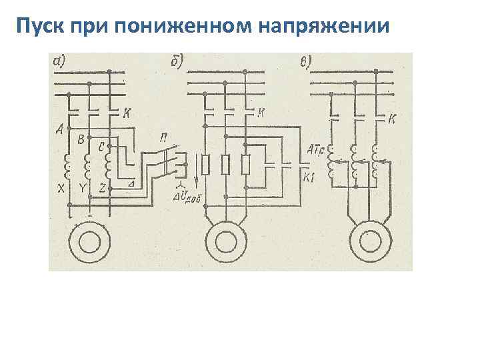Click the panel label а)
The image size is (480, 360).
pyautogui.click(x=59, y=61)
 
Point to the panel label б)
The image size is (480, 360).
pyautogui.click(x=177, y=62)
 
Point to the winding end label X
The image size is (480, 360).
pyautogui.click(x=61, y=189)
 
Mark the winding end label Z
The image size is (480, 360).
pyautogui.click(x=101, y=189)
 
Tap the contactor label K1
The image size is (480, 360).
pyautogui.click(x=309, y=177)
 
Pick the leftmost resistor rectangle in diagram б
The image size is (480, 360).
pyautogui.click(x=207, y=164)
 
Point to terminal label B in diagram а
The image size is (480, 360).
pyautogui.click(x=81, y=140)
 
